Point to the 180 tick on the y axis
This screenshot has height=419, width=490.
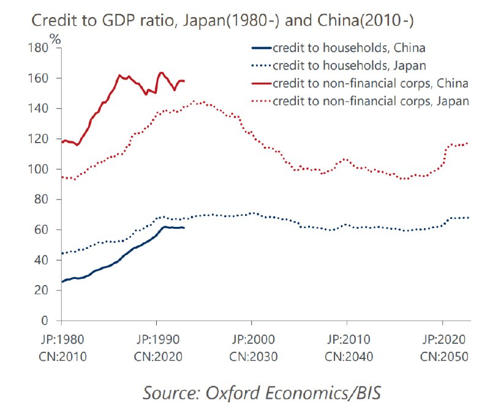pyautogui.click(x=38, y=48)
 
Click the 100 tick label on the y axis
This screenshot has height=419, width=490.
pyautogui.click(x=38, y=169)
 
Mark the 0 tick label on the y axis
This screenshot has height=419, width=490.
pyautogui.click(x=45, y=321)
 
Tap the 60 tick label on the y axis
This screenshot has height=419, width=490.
pyautogui.click(x=41, y=230)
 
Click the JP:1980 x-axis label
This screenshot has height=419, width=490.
pyautogui.click(x=62, y=339)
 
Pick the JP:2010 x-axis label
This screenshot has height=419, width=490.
pyautogui.click(x=347, y=339)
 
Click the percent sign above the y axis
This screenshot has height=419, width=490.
pyautogui.click(x=56, y=38)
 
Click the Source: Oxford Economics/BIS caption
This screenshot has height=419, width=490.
pyautogui.click(x=262, y=392)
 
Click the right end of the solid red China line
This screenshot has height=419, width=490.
pyautogui.click(x=184, y=81)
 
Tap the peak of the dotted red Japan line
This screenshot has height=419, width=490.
pyautogui.click(x=195, y=102)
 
